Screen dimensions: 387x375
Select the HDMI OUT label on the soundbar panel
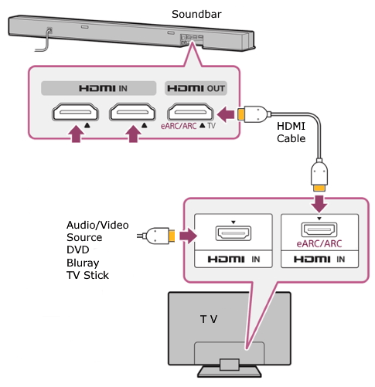[x=196, y=87]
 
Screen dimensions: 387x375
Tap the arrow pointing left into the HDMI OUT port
[x=225, y=115]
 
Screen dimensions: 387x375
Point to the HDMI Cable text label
[x=293, y=133]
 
